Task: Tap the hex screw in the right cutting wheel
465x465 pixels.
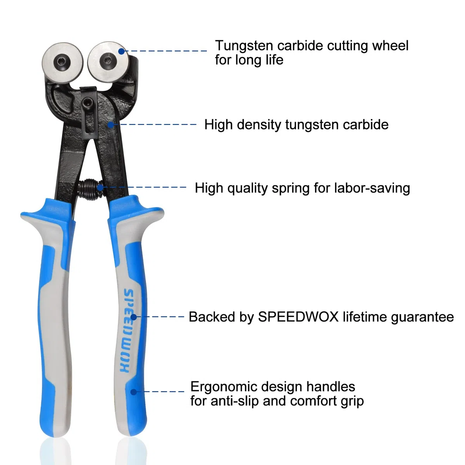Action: point(108,61)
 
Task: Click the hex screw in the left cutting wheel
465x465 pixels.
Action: point(62,63)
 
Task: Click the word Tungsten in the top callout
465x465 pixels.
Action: point(244,46)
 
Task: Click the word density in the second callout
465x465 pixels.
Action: point(259,125)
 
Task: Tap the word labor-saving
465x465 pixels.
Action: point(372,188)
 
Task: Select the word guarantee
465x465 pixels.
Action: point(422,317)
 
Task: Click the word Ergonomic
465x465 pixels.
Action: point(224,387)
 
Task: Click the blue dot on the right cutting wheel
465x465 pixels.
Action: point(121,51)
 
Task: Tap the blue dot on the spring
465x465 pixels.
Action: point(100,188)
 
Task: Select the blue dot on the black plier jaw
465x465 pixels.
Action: point(110,125)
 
